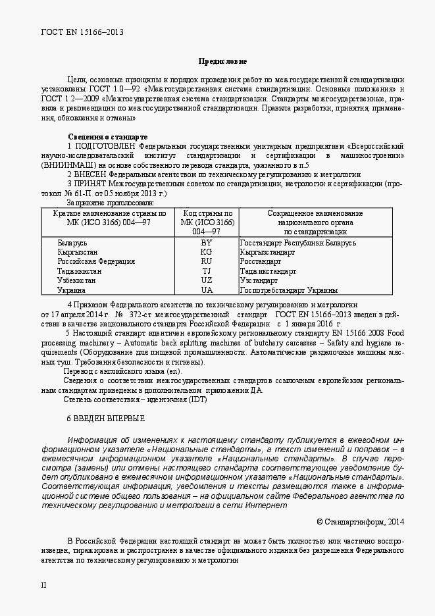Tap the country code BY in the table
(207, 243)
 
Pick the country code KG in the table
(207, 252)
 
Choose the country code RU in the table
(207, 261)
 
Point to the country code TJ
(207, 270)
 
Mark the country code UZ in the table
(207, 280)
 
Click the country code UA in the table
(207, 290)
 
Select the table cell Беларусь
(72, 243)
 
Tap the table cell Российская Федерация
(96, 261)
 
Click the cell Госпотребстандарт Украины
(289, 290)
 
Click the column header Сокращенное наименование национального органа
(315, 222)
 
